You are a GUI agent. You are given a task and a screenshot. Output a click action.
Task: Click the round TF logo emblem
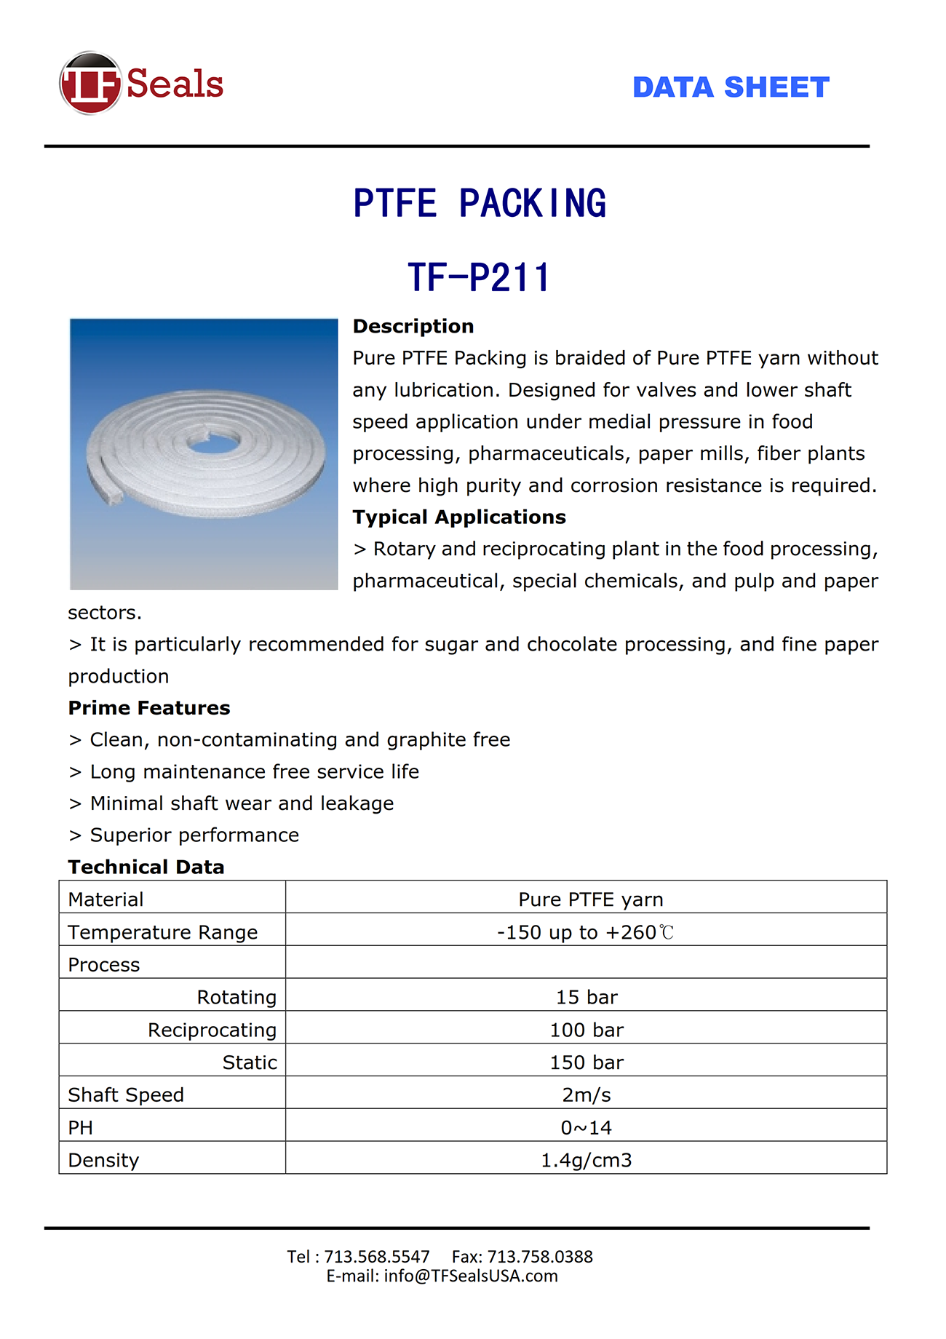point(90,83)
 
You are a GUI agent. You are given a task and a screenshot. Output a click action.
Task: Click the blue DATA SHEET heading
point(731,87)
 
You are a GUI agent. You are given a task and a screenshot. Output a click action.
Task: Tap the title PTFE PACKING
point(480,203)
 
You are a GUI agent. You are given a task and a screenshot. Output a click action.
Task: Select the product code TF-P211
point(479,277)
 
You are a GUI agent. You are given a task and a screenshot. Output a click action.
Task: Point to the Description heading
point(413,326)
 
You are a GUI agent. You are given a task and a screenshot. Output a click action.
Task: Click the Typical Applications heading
point(459,517)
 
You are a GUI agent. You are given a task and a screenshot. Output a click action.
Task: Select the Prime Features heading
point(149,707)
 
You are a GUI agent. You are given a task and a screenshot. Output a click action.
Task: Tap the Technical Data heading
point(146,867)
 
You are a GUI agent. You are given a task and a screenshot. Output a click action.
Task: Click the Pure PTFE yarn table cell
point(590,899)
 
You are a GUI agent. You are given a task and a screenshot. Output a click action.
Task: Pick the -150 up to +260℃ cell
point(586,932)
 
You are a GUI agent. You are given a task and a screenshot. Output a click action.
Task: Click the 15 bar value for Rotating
point(587,997)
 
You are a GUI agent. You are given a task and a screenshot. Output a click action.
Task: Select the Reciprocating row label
point(212,1030)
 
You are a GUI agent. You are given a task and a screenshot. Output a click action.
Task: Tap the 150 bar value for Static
point(587,1062)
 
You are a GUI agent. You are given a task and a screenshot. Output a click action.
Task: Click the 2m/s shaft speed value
point(587,1094)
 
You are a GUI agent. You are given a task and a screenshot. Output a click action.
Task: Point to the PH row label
point(81,1127)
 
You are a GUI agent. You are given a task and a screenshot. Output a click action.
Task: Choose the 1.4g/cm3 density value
point(587,1160)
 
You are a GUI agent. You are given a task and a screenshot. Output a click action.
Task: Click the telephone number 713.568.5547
point(377,1257)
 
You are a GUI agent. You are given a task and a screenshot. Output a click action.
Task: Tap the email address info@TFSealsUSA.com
point(471,1276)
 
